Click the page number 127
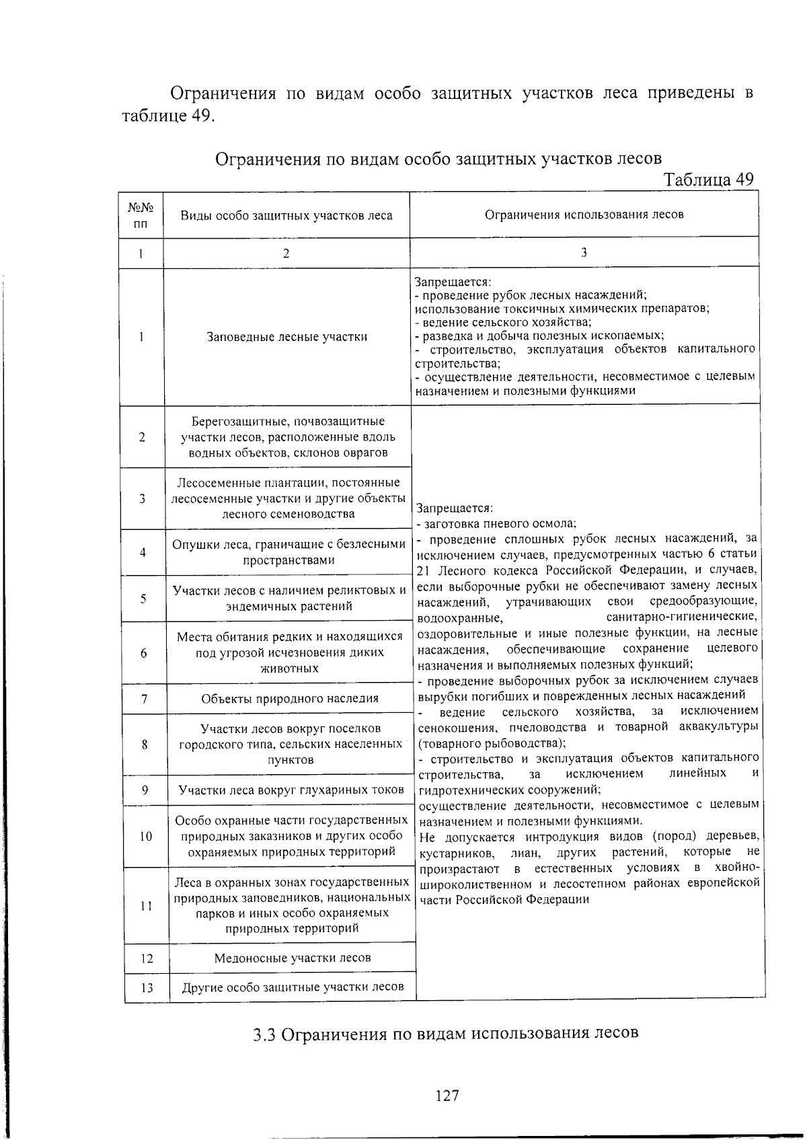tap(447, 1096)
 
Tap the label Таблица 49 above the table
tap(708, 180)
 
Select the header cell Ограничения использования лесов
tap(584, 215)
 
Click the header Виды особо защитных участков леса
tap(286, 216)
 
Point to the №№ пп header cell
tap(141, 216)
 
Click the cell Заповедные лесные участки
tap(287, 337)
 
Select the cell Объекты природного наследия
tap(290, 699)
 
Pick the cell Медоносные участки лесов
tap(292, 958)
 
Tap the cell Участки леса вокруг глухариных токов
tap(291, 790)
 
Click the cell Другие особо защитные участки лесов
tap(293, 987)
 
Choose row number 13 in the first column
tap(147, 987)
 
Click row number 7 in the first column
tap(144, 699)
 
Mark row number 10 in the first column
tap(146, 837)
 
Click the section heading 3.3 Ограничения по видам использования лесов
tap(445, 1033)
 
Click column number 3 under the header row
tap(584, 253)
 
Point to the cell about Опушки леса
tap(289, 552)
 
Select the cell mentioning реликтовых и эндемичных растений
tap(289, 598)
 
